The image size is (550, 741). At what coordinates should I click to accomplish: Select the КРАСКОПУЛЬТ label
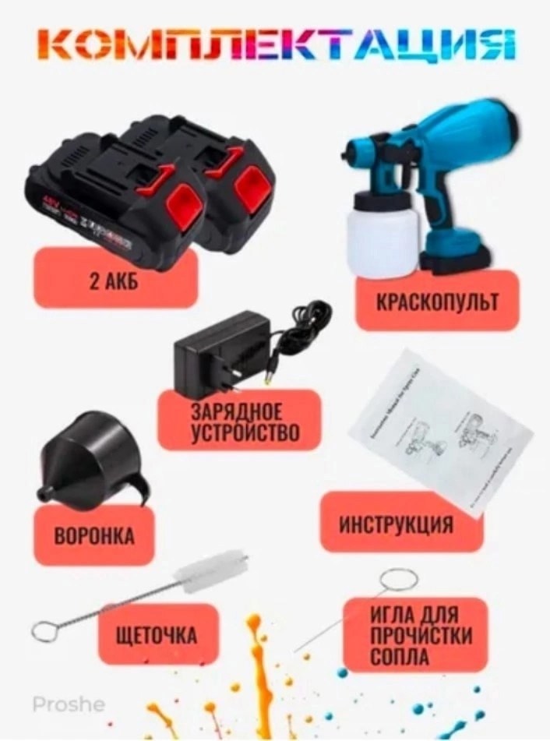439,301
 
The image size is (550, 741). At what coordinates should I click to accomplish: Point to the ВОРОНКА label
93,536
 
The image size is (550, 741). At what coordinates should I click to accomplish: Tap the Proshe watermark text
69,704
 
